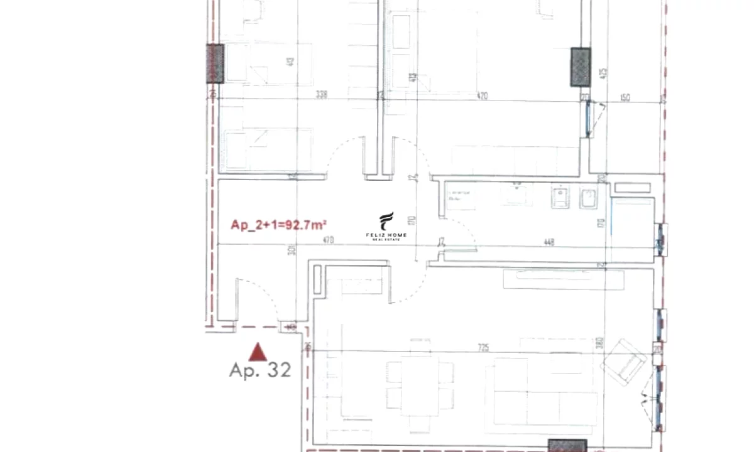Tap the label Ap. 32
click(260, 370)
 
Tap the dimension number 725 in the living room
click(483, 347)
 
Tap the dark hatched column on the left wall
click(215, 64)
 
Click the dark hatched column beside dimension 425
click(580, 67)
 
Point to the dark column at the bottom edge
click(567, 445)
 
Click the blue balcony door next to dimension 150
click(589, 119)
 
